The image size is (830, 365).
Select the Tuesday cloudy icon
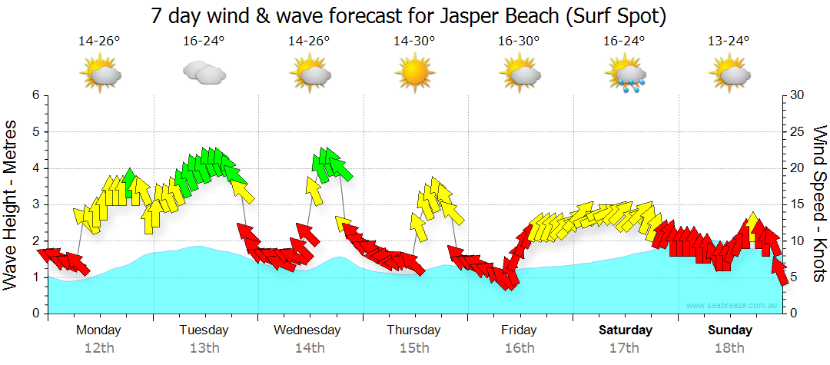204,74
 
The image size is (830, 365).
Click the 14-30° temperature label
414,41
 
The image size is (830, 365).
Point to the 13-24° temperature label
729,41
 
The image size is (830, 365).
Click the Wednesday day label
307,330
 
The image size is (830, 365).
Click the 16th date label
520,347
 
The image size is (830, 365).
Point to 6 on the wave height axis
35,95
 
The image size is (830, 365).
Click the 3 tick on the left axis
35,204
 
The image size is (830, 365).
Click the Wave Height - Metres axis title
13,204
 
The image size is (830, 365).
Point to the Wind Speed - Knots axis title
818,204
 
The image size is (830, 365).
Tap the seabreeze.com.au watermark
732,306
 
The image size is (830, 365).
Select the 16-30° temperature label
519,41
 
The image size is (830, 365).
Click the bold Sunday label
730,330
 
